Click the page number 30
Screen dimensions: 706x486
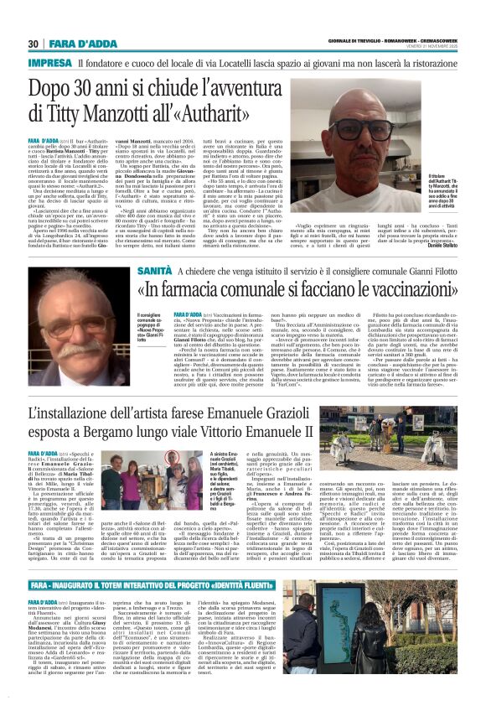(x=34, y=44)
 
